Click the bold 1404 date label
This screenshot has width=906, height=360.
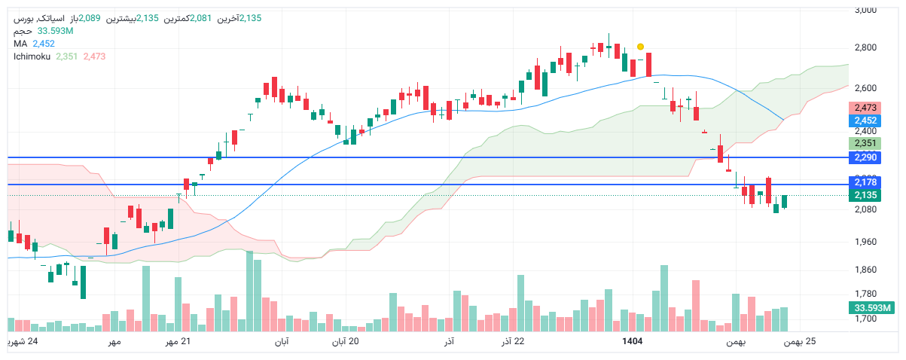632,342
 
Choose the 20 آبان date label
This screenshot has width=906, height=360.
346,342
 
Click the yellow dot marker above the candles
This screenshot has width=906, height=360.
640,47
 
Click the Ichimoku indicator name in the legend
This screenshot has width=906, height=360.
31,56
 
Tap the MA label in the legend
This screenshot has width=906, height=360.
20,44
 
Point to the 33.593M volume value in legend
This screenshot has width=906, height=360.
55,31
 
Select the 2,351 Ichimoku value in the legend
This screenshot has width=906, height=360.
66,56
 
